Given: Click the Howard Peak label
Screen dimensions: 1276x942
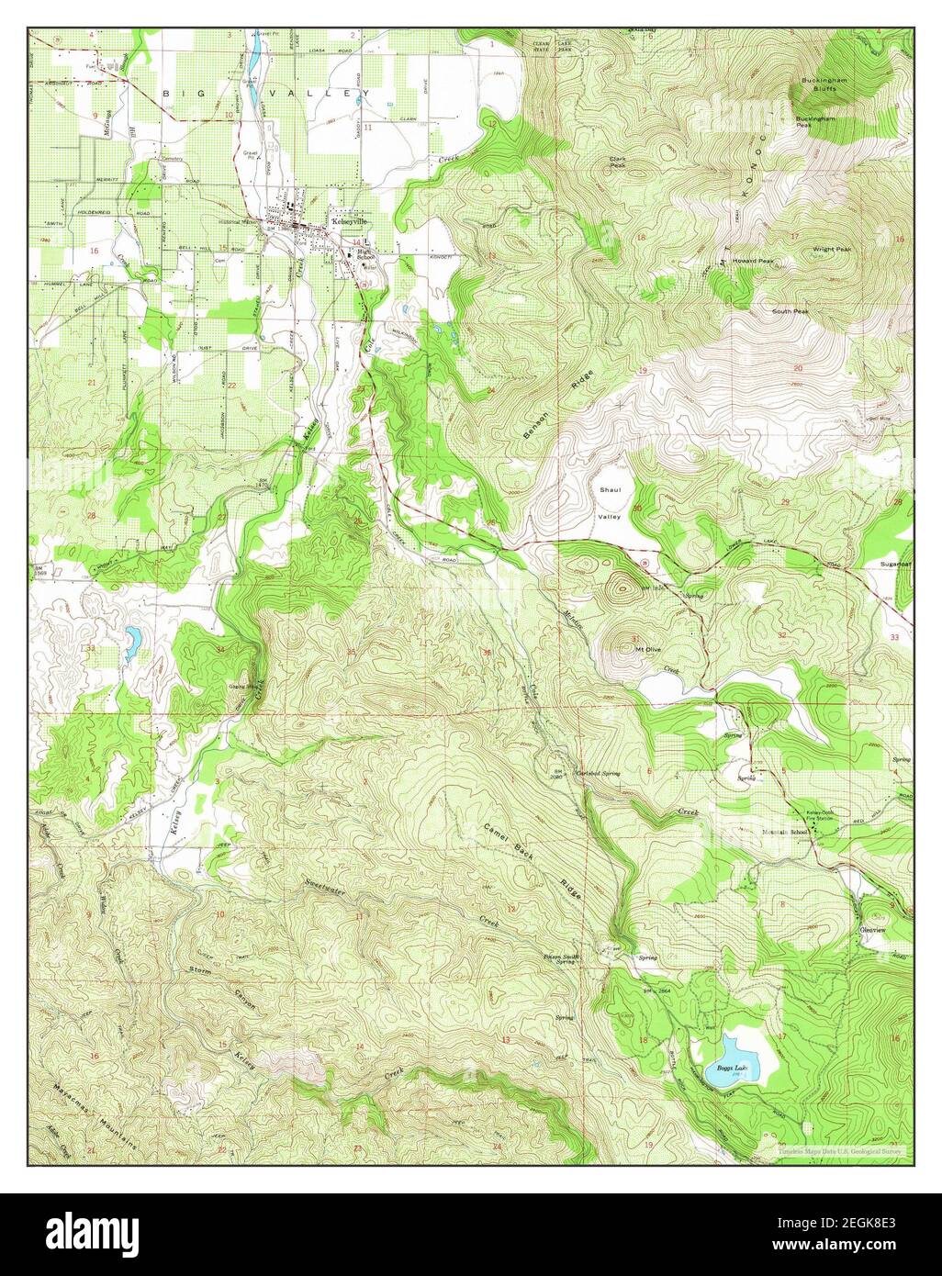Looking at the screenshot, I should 753,261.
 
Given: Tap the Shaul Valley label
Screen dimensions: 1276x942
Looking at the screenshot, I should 611,503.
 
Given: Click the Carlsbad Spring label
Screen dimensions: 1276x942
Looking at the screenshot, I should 598,774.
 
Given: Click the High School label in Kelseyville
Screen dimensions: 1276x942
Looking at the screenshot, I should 366,254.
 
